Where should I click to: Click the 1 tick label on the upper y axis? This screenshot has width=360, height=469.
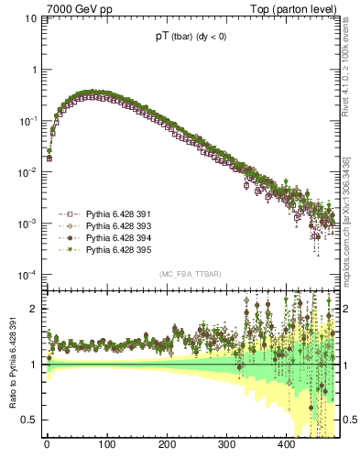point(34,70)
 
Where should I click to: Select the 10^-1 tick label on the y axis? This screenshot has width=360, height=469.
point(28,120)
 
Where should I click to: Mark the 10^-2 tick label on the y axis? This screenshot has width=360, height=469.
point(28,171)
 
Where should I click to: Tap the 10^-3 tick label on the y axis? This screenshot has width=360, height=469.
point(28,223)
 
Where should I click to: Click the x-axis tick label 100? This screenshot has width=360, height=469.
point(106,445)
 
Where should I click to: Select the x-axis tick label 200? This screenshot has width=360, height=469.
point(167,445)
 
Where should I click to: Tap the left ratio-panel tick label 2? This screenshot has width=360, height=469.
point(35,309)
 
